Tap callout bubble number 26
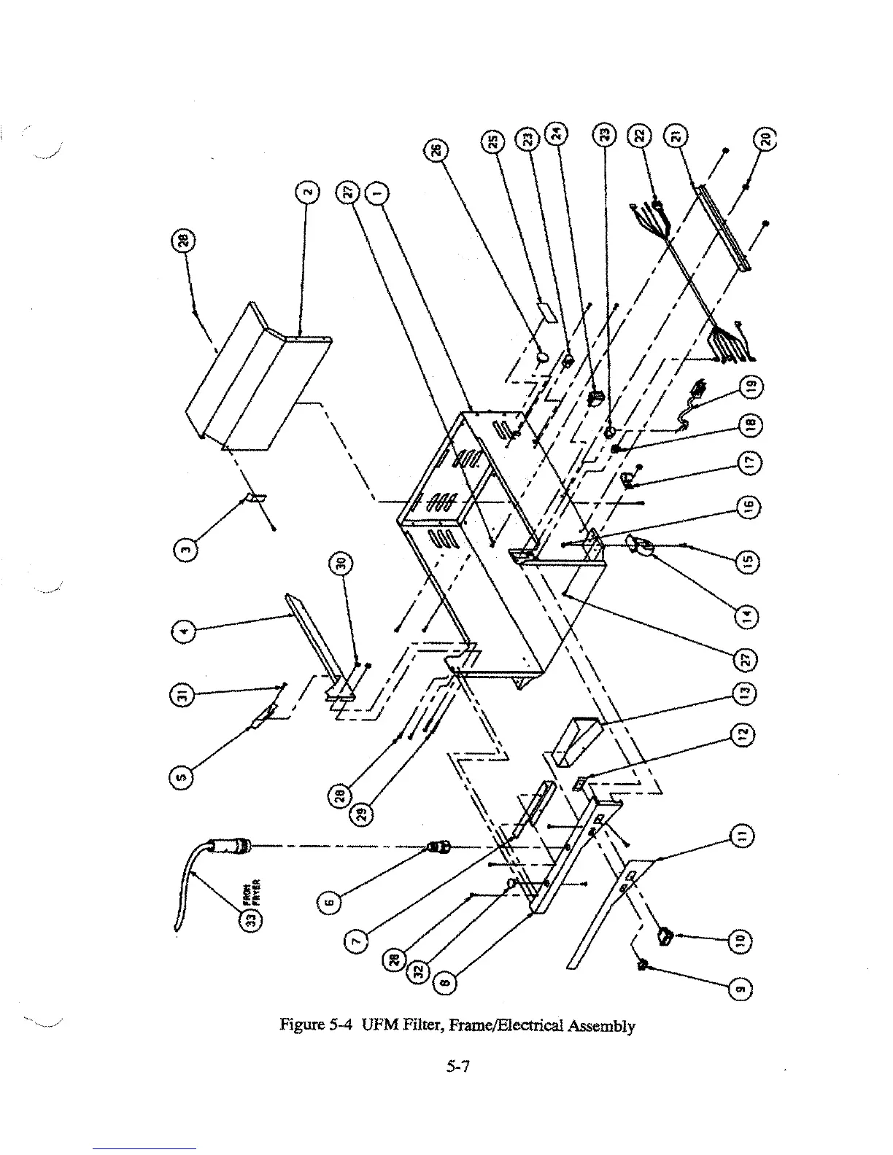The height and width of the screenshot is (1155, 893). [x=436, y=151]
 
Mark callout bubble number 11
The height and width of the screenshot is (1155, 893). [x=742, y=836]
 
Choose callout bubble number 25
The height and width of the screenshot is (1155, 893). [x=493, y=141]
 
